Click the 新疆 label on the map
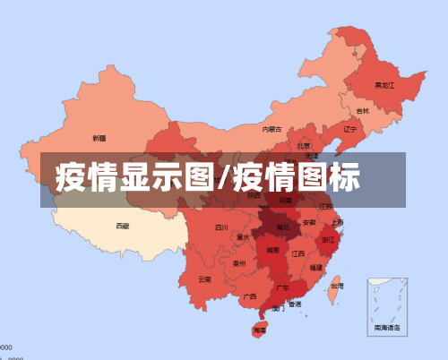[99, 138]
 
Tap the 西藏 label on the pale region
[123, 227]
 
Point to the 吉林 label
[362, 111]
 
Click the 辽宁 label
[350, 129]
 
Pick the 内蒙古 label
[271, 129]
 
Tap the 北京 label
[304, 145]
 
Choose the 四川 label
[222, 227]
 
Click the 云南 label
[205, 279]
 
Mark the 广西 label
[250, 296]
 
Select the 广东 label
[282, 288]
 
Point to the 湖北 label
[282, 227]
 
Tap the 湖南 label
[271, 252]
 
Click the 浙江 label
[329, 240]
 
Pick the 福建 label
[316, 267]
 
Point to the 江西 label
[297, 253]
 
